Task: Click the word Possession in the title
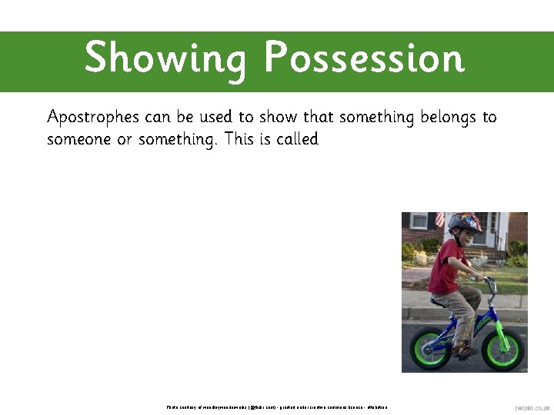coord(364,58)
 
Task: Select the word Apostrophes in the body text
coord(93,118)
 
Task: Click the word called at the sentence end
coord(296,140)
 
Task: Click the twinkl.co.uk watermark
coord(532,408)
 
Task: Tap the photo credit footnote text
coord(277,407)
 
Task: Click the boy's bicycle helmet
coord(464,224)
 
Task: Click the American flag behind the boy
coord(439,219)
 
